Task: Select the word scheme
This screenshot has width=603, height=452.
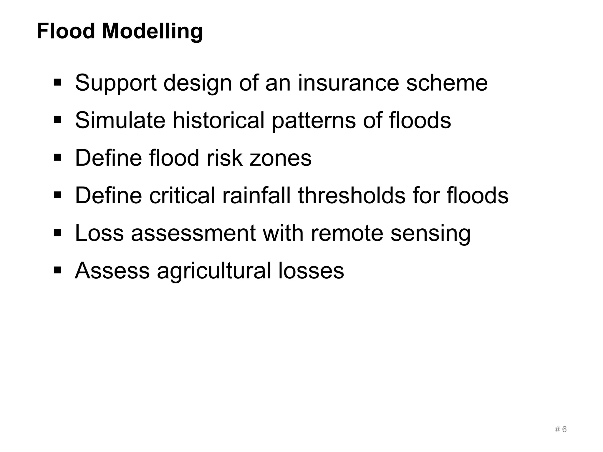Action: (x=447, y=83)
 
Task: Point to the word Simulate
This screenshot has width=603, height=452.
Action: (x=120, y=120)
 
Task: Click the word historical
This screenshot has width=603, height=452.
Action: (x=218, y=120)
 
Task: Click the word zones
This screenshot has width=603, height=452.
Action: (x=280, y=158)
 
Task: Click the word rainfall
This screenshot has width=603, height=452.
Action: (x=256, y=195)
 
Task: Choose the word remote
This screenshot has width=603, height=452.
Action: (x=347, y=233)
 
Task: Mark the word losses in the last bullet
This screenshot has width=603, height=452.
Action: (x=311, y=271)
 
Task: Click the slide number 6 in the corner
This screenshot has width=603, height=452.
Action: (x=564, y=430)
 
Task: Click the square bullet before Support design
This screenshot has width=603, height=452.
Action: (x=57, y=82)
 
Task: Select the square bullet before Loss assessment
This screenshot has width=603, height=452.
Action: (x=57, y=233)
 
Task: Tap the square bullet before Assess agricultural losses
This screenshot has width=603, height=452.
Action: (x=57, y=270)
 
